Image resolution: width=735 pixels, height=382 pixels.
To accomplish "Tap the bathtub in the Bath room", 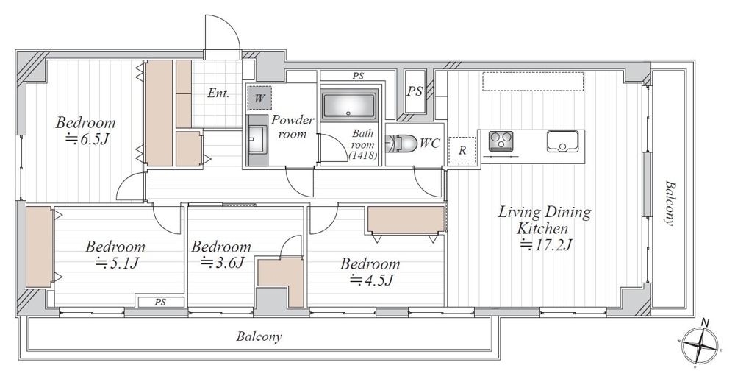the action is pyautogui.click(x=349, y=104).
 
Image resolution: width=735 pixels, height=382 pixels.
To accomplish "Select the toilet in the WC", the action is pyautogui.click(x=401, y=144).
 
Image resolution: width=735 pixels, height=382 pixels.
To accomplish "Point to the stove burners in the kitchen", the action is pyautogui.click(x=501, y=141).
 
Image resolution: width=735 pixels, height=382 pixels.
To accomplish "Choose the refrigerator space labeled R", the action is pyautogui.click(x=462, y=150).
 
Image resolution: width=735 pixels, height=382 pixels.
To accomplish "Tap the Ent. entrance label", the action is pyautogui.click(x=218, y=93).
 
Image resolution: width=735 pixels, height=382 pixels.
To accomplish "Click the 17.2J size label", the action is pyautogui.click(x=546, y=244).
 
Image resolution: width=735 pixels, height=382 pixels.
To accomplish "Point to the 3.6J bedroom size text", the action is pyautogui.click(x=222, y=262).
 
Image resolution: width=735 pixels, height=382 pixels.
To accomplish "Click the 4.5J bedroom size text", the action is pyautogui.click(x=371, y=280).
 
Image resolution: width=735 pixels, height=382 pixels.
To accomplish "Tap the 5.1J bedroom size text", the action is pyautogui.click(x=117, y=263).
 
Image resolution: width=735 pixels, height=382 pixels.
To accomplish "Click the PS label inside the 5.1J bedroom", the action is pyautogui.click(x=160, y=303).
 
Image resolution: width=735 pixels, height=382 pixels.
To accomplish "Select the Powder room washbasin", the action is pyautogui.click(x=256, y=140).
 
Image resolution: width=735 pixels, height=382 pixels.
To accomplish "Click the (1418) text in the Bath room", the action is pyautogui.click(x=363, y=155).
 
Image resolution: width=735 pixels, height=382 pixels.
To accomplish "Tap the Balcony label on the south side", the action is pyautogui.click(x=259, y=336).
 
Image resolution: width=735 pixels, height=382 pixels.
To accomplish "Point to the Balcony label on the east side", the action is pyautogui.click(x=670, y=203).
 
